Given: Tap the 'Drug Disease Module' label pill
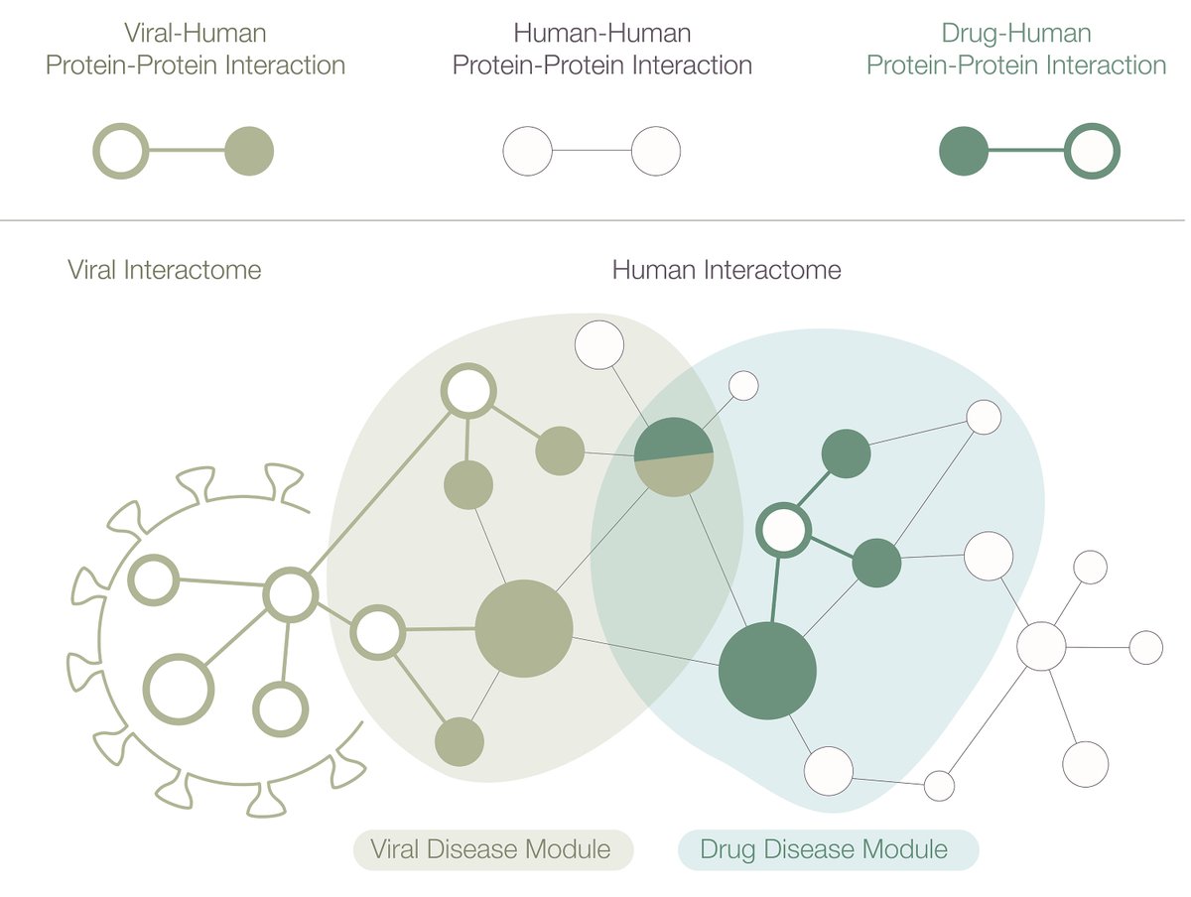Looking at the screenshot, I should pos(827,849).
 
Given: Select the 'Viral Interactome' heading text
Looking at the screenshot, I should pos(164,269).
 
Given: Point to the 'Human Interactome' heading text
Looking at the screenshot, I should pos(727,269).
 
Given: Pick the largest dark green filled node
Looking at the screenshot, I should pos(767,671).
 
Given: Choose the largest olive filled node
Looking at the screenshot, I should pos(524,628).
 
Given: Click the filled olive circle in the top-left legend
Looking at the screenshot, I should pos(249,152).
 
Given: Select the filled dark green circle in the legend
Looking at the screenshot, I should pos(963,152).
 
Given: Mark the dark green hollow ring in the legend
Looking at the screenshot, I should pos(1092,152).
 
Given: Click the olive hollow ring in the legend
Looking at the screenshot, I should pos(120,152).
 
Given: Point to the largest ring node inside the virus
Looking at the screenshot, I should pos(180,688).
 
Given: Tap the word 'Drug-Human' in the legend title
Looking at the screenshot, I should pos(1015,33).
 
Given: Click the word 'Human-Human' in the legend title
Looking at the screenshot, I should pos(601,33).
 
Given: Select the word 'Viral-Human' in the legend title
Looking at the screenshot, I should pos(196,33).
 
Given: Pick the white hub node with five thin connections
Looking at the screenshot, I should pos(1041,646).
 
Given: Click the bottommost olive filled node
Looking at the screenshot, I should pos(460,741).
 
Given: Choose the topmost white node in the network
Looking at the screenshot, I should pos(599,345).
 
